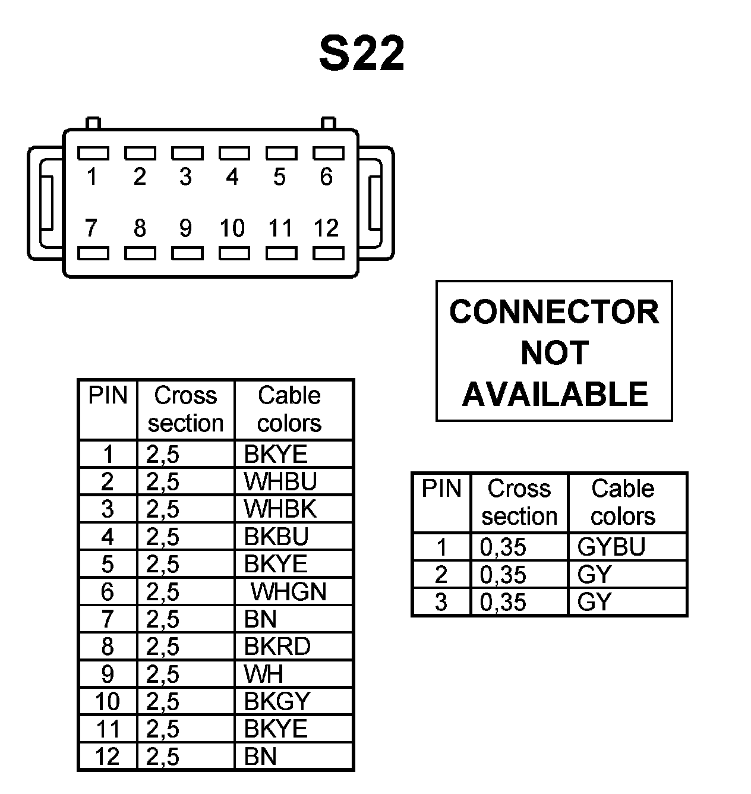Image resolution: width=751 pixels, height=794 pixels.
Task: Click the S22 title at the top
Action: [362, 53]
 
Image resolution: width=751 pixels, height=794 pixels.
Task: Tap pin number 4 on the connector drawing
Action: [232, 177]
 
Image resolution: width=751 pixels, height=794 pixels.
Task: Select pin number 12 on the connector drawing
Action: [326, 228]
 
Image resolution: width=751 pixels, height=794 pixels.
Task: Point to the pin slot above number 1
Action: [93, 153]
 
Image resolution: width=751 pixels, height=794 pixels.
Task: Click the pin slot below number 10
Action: [233, 254]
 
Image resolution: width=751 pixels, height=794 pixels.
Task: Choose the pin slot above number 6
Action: [328, 153]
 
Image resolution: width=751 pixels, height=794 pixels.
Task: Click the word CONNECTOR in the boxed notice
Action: [554, 312]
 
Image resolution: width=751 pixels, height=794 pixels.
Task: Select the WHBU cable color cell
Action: [280, 481]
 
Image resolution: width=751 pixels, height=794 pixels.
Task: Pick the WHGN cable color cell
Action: [289, 592]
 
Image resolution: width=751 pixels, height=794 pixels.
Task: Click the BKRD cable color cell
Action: [277, 647]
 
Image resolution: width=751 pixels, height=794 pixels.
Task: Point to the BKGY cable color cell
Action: [277, 702]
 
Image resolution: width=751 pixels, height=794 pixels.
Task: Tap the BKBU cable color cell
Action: [276, 537]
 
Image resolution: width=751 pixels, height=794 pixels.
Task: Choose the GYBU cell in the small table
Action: [611, 547]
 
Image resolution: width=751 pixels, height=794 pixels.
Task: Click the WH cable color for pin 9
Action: [263, 675]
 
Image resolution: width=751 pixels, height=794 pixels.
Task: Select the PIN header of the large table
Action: [108, 396]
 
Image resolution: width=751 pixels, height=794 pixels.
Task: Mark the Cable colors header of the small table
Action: [623, 502]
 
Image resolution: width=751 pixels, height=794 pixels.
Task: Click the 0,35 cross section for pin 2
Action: [503, 575]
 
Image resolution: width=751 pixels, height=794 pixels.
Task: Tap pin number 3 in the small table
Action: [440, 602]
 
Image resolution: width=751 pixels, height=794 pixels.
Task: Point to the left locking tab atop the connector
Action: [93, 123]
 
